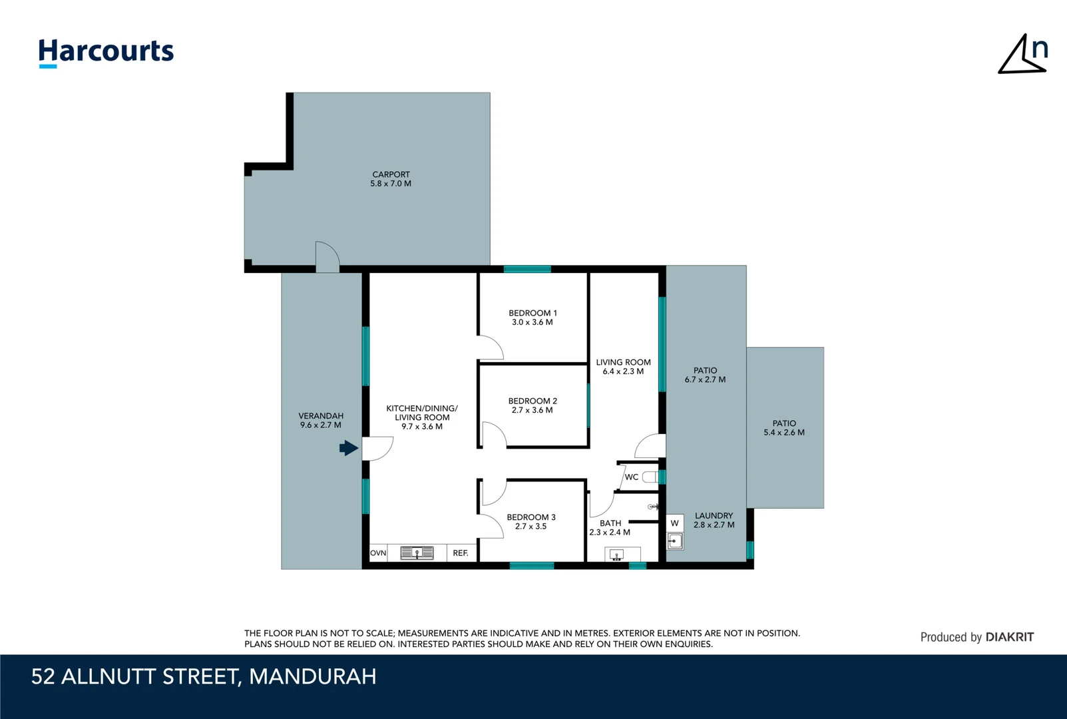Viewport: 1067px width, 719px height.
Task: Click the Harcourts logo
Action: (106, 53)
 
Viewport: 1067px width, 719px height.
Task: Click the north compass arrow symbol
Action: (1022, 54)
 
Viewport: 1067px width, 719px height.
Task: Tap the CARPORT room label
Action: (391, 174)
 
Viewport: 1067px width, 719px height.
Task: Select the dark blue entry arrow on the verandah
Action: (349, 448)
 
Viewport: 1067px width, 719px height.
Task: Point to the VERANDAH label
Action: (321, 416)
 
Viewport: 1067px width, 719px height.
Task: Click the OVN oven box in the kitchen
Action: (378, 553)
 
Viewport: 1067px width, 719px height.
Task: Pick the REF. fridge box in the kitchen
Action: (461, 553)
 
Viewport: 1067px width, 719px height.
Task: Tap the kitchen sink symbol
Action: (417, 553)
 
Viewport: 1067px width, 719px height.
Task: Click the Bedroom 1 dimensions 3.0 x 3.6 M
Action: (533, 322)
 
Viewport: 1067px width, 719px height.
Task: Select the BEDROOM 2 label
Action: (533, 401)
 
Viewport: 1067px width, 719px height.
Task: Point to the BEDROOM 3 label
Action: (531, 517)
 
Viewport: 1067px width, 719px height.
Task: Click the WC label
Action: (631, 477)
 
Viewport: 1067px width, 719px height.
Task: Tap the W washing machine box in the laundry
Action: (674, 523)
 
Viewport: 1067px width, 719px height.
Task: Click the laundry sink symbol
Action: (674, 541)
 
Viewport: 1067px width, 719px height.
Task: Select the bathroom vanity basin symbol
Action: (617, 555)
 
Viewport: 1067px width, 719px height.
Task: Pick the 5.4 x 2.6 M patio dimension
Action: (784, 433)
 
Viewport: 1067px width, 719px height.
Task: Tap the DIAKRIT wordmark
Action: (1009, 637)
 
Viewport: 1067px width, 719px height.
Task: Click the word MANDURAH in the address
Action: (312, 676)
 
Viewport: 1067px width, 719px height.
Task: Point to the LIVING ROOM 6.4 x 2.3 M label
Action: (623, 367)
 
